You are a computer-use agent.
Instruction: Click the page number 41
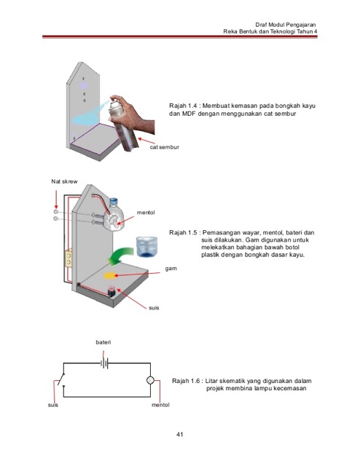(179, 435)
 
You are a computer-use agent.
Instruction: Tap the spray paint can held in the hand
(123, 125)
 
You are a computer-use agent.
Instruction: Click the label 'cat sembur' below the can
(165, 147)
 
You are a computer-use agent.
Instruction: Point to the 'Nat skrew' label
(64, 181)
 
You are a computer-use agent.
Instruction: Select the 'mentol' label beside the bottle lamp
(146, 213)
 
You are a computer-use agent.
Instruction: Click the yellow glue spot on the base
(109, 275)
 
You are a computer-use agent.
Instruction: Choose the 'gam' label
(171, 269)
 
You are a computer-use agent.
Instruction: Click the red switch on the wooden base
(112, 291)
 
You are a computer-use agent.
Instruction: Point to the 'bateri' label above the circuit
(103, 342)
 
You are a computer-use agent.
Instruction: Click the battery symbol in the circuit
(104, 363)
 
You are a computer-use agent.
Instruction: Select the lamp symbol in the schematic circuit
(150, 380)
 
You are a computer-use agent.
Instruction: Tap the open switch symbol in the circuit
(62, 379)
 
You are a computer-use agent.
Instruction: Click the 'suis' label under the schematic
(53, 405)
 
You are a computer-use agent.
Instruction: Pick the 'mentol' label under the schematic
(160, 405)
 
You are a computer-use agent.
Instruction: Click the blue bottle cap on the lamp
(114, 201)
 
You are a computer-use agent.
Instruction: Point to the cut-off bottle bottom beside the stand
(146, 246)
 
